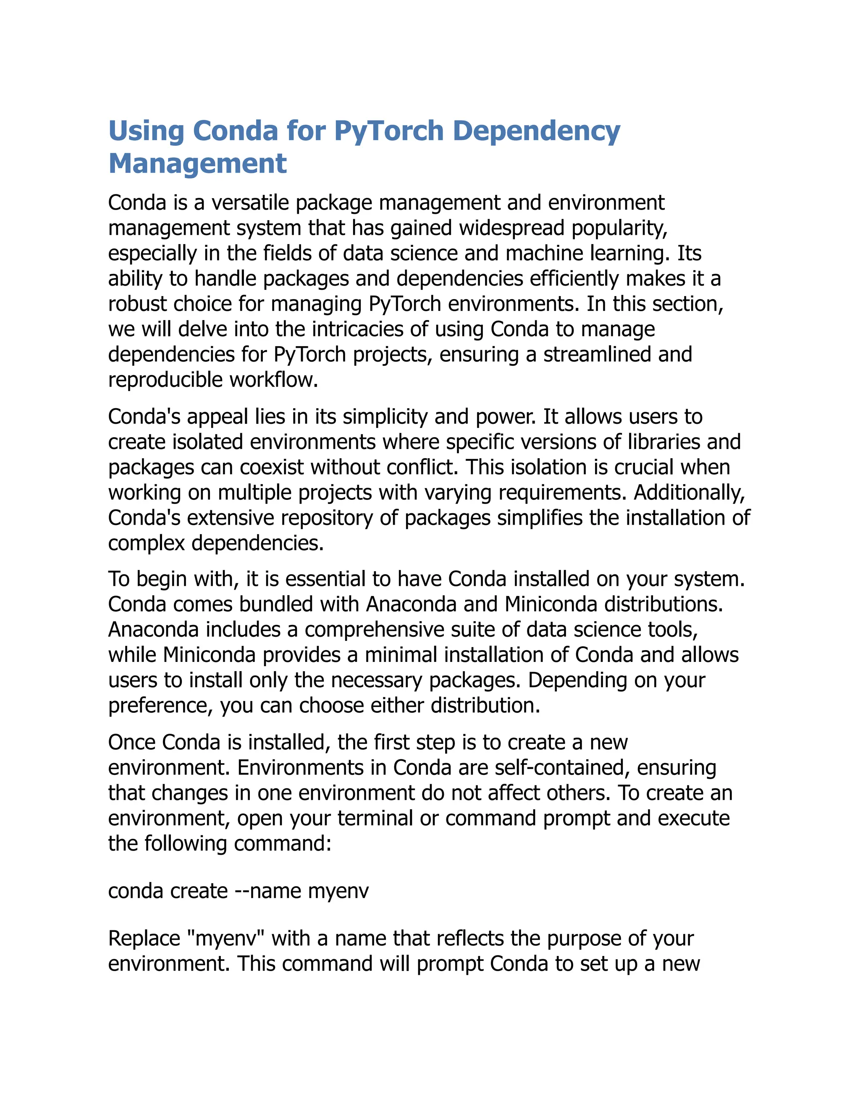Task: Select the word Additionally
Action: [690, 492]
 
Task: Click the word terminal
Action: [375, 818]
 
